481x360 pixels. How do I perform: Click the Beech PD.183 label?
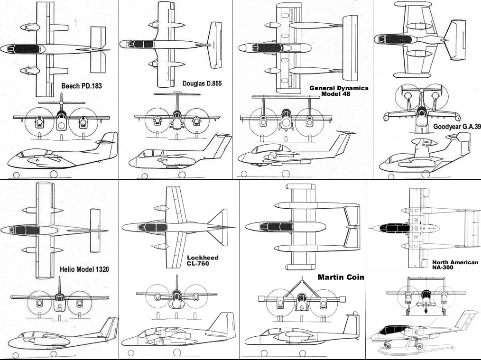click(x=81, y=86)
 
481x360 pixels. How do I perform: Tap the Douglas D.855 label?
click(x=202, y=83)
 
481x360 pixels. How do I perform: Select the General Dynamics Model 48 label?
click(x=339, y=91)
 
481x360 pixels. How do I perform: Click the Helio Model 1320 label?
click(x=84, y=269)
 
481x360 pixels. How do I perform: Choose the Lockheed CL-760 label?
click(x=203, y=260)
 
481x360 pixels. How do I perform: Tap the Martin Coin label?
click(x=341, y=277)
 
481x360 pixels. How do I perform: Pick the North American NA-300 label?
click(x=455, y=265)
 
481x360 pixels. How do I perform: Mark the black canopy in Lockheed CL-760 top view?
click(x=152, y=227)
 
